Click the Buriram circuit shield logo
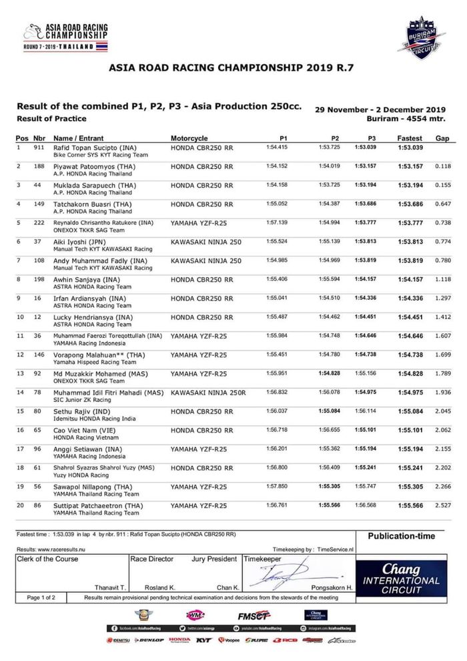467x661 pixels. point(421,37)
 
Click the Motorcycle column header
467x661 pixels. point(189,138)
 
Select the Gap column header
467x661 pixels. point(442,138)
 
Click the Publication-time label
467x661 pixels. point(401,535)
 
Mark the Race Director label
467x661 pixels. point(152,558)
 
